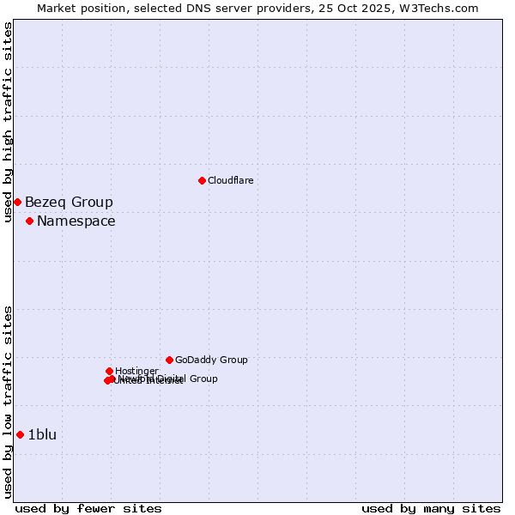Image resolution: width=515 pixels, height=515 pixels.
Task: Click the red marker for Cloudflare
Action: (x=202, y=180)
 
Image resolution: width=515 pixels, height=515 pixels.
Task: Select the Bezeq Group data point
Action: (x=17, y=202)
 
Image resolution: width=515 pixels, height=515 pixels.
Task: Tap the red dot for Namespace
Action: (x=29, y=221)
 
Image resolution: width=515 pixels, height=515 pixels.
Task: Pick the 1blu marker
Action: (x=20, y=434)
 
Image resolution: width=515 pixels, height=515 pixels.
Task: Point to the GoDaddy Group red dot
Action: (x=169, y=360)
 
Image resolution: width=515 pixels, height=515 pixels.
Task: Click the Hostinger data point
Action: (x=109, y=371)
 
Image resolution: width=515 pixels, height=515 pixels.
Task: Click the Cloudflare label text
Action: (x=230, y=180)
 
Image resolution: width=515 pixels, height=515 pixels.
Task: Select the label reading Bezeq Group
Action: (x=69, y=203)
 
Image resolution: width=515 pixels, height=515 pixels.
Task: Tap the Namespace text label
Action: (x=76, y=221)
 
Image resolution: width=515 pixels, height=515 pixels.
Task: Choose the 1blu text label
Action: (x=42, y=435)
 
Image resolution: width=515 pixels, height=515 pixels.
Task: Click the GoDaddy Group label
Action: (x=211, y=360)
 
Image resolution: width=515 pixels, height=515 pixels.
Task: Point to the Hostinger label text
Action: (x=136, y=371)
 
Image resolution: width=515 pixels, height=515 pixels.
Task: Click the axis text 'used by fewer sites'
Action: (x=88, y=509)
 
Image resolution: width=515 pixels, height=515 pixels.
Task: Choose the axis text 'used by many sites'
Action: (x=431, y=509)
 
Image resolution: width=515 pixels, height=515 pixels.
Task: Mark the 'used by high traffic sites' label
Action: (x=8, y=122)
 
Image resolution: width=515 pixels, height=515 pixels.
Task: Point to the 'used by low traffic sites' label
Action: (x=8, y=402)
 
